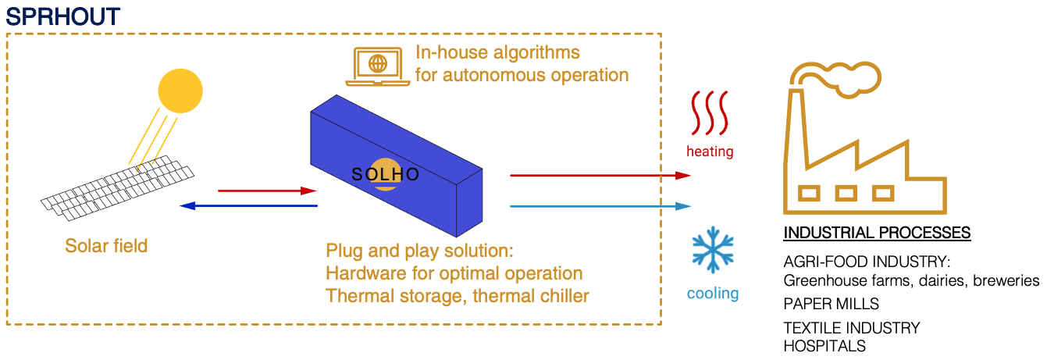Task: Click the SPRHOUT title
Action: coord(63,16)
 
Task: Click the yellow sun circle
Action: coord(180,91)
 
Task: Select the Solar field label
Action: coord(106,246)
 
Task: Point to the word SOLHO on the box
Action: coord(385,175)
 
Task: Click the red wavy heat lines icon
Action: coord(710,114)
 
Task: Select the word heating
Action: coord(710,151)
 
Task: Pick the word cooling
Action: coord(713,294)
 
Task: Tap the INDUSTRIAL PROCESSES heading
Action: coord(877,233)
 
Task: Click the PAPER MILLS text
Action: coord(831,304)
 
